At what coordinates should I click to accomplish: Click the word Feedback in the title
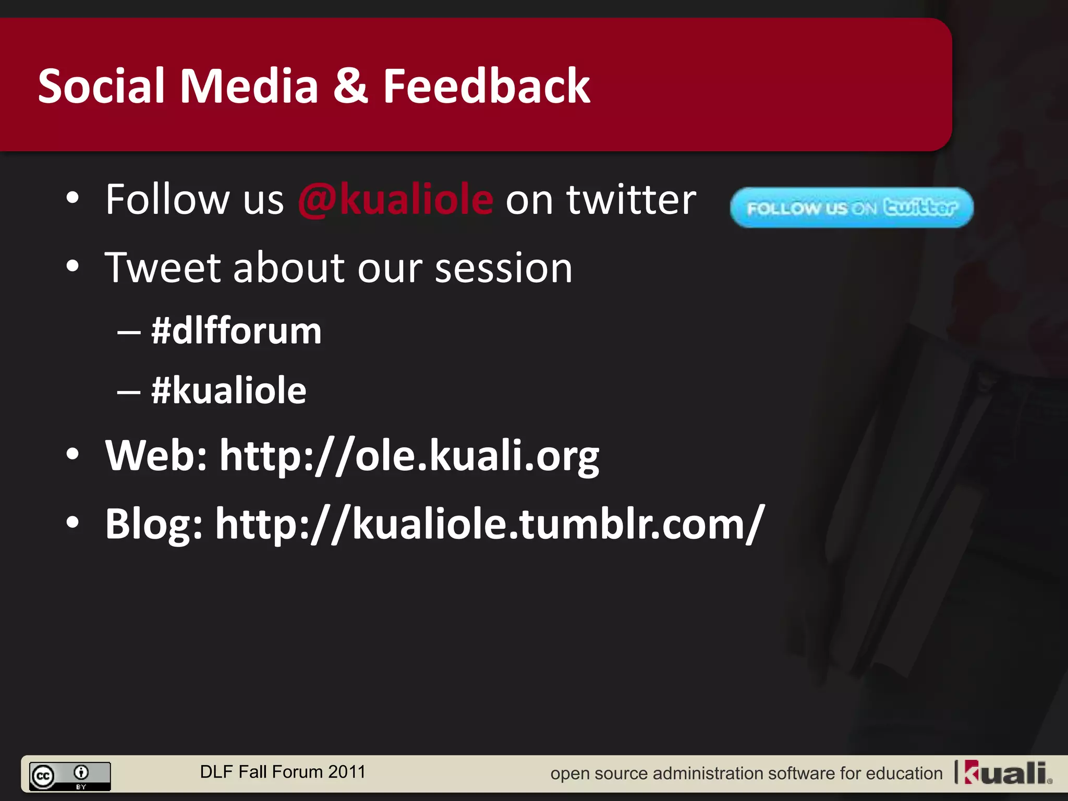point(486,87)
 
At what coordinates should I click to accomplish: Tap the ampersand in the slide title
point(350,87)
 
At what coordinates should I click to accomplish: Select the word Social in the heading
point(101,87)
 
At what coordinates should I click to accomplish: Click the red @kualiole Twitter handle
point(395,200)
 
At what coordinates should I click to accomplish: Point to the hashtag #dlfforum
point(236,331)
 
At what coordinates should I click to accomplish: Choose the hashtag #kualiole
point(228,391)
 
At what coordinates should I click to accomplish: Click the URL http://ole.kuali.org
point(409,456)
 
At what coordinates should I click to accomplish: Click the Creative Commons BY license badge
point(70,776)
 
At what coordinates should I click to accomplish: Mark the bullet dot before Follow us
point(72,199)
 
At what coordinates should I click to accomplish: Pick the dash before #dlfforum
point(129,332)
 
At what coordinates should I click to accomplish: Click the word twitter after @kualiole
point(632,200)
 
